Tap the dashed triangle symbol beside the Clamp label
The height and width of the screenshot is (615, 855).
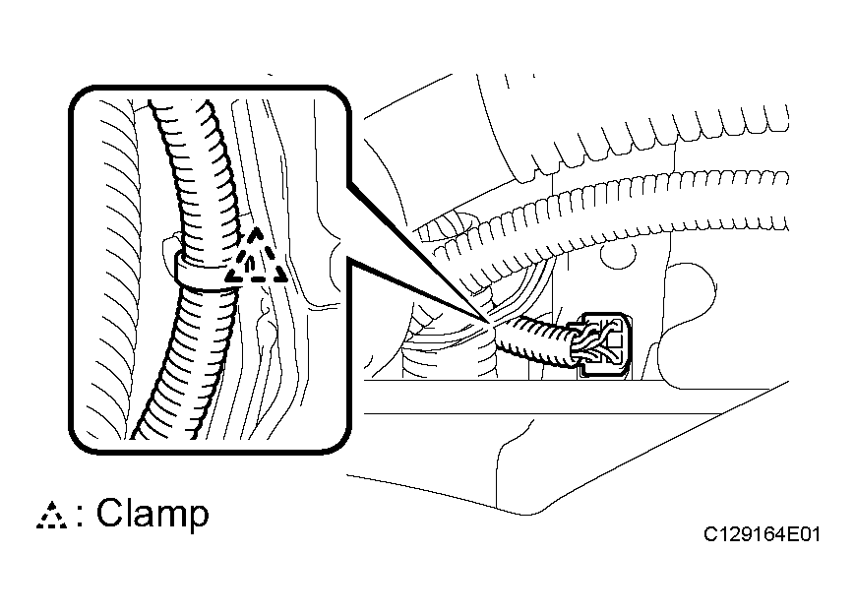tap(52, 516)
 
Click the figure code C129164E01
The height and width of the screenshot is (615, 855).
tap(762, 534)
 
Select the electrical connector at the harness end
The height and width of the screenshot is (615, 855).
tap(604, 344)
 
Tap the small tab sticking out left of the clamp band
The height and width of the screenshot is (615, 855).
tap(169, 248)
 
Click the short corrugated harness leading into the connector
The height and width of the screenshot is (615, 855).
tap(534, 342)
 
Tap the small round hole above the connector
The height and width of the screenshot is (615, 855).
tap(618, 254)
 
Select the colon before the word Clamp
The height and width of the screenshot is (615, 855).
tap(80, 516)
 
